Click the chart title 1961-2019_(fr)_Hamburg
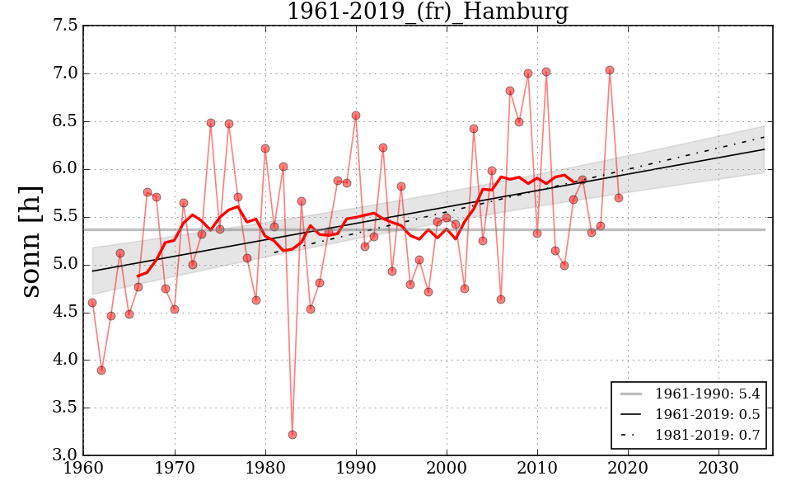pos(427,12)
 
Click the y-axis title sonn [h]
pos(30,240)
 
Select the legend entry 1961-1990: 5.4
pos(707,394)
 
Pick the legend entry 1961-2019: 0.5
pos(707,414)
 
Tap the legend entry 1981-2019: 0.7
pos(707,435)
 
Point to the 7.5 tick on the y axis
pos(68,26)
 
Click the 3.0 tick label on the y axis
pos(68,455)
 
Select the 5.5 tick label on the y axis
pos(68,217)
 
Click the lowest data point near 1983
pos(292,435)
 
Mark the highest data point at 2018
pos(610,70)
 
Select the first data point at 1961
pos(92,303)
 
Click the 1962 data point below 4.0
pos(101,370)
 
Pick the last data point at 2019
pos(619,198)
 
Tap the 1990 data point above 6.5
pos(356,115)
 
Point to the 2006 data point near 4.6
pos(501,299)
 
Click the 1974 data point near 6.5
pos(211,123)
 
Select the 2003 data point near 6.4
pos(474,129)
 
